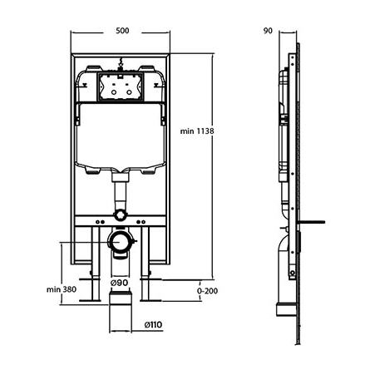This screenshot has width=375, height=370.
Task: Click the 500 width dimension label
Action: coord(122,31)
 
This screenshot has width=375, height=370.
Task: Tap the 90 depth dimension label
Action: coord(268,31)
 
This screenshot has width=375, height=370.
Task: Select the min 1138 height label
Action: coord(197,131)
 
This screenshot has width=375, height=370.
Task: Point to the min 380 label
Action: coord(62,289)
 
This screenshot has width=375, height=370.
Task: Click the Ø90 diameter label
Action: coord(119,283)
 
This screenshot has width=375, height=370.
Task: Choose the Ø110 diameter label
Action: coord(153,324)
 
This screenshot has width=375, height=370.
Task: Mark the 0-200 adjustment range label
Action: coord(207,291)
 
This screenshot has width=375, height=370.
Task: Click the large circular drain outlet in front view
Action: coord(120,241)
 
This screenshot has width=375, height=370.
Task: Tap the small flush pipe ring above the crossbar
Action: coord(120,215)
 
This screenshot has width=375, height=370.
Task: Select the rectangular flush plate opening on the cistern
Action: coord(121,87)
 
